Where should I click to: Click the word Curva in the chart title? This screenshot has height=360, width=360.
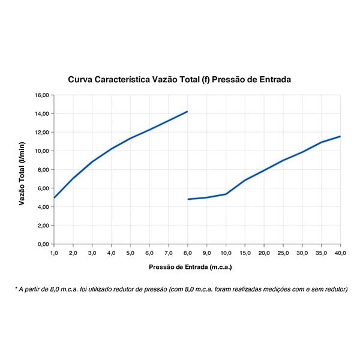click(80, 79)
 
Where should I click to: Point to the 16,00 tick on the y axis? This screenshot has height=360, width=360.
click(42, 95)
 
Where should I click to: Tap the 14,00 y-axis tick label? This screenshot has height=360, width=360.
click(42, 113)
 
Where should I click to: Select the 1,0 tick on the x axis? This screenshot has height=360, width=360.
click(54, 253)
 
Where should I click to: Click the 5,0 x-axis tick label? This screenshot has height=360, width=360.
click(130, 253)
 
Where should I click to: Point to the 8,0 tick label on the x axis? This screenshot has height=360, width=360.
click(188, 253)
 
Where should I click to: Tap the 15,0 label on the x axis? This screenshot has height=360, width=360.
click(245, 253)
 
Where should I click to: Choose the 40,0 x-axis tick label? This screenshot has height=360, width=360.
click(340, 253)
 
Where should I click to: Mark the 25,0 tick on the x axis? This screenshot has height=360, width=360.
click(283, 253)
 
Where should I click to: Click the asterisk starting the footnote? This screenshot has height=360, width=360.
click(16, 289)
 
